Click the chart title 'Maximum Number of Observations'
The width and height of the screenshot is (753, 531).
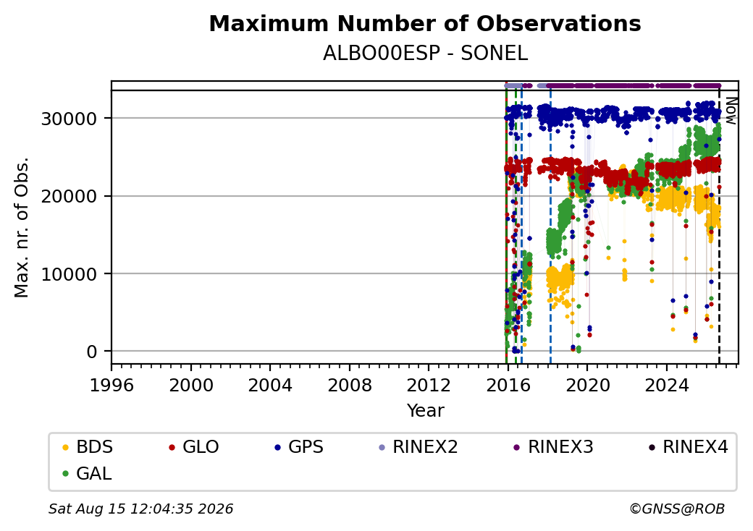coord(425,23)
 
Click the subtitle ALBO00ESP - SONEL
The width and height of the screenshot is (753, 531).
coord(425,54)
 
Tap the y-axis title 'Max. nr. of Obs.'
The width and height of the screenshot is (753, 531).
coord(22,227)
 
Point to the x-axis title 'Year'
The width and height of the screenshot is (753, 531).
coord(426,411)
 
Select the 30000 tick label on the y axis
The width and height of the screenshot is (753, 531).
coord(70,119)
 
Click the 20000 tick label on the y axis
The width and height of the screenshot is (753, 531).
coord(70,196)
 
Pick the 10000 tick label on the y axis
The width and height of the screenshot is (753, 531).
coord(70,274)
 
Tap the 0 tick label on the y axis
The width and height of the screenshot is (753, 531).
coord(92,352)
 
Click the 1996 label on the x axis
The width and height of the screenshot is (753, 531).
coord(112,385)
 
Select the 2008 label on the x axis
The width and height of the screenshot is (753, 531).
coord(350,385)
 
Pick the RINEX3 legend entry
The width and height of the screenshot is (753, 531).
coord(553,447)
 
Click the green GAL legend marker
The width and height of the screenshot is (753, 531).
coord(66,474)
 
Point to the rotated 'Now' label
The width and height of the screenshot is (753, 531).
coord(731,111)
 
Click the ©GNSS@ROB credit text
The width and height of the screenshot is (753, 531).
coord(677,509)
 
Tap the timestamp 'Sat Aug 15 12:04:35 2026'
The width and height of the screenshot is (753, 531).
coord(140,509)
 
